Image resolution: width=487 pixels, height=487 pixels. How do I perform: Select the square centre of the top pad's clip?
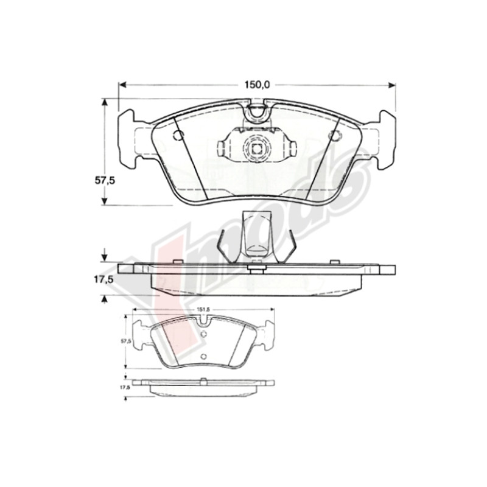(256, 146)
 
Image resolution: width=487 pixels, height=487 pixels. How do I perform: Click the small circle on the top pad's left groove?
(178, 135)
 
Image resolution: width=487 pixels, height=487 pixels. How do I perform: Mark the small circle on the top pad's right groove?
(334, 136)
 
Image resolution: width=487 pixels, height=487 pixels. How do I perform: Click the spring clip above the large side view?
(256, 235)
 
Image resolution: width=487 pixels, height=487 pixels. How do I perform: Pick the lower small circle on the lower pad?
(203, 357)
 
